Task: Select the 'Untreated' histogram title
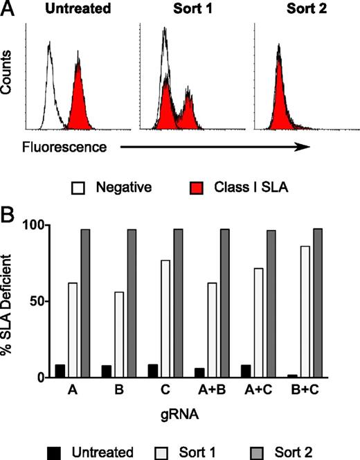64,9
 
